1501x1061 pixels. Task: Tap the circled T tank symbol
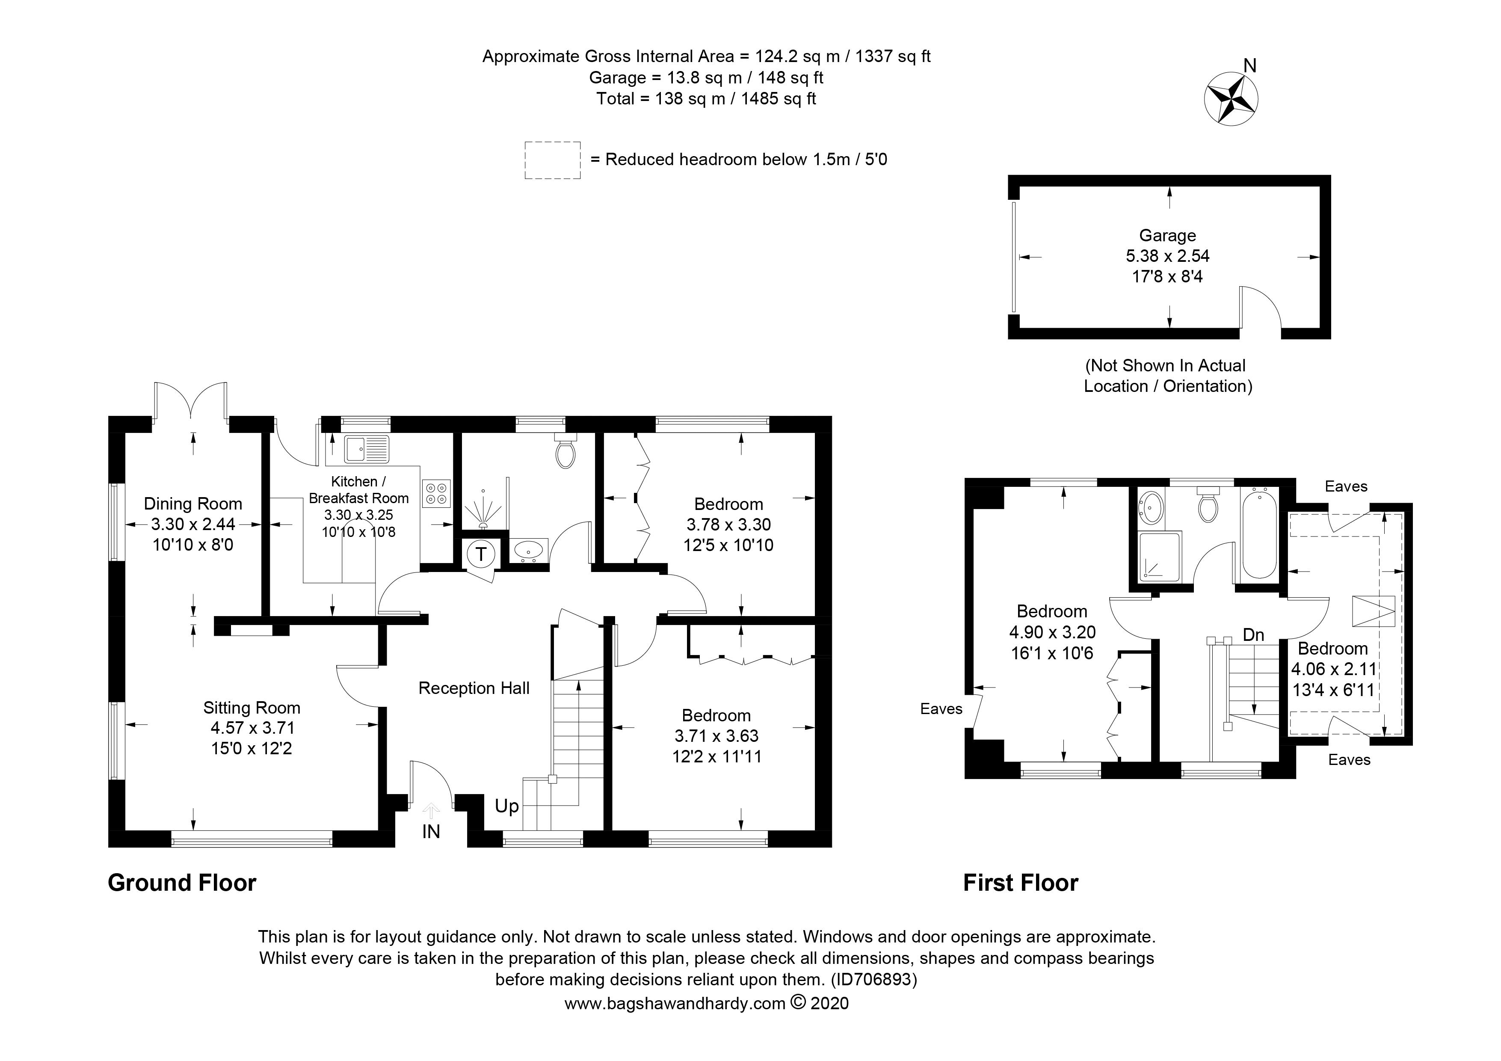(480, 554)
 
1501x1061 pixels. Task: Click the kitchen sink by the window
(367, 449)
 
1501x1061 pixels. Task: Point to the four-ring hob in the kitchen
(436, 494)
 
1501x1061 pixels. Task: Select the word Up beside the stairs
(506, 806)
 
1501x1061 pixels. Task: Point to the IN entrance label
(431, 832)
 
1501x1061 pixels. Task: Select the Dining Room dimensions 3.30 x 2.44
(193, 524)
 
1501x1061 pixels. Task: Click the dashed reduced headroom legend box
(552, 160)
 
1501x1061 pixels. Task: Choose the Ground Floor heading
(182, 883)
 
